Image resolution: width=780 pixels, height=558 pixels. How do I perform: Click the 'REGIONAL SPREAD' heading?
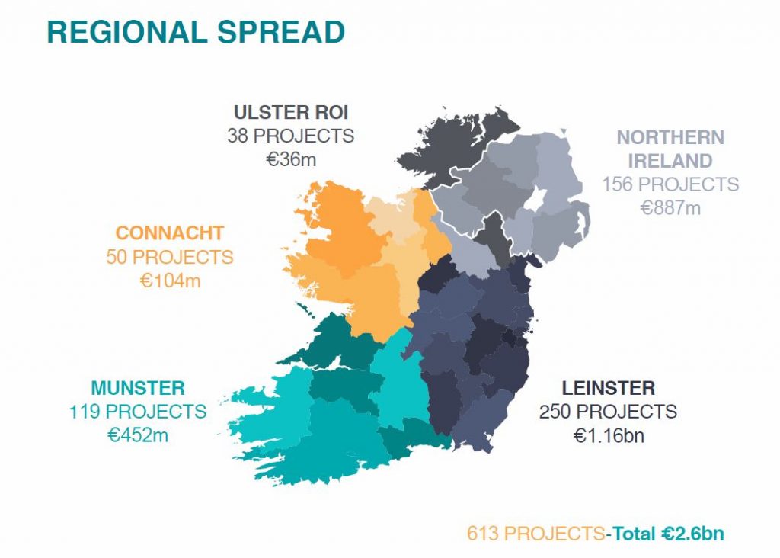[x=196, y=32]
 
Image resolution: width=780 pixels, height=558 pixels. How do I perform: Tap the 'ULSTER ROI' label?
[x=291, y=113]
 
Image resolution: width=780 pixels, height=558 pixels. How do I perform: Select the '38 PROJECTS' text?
[x=290, y=136]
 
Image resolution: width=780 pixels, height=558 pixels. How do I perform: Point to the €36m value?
[x=291, y=160]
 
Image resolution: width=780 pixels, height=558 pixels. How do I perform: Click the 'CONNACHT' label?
[x=170, y=233]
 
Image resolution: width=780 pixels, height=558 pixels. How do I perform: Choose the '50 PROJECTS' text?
[x=170, y=257]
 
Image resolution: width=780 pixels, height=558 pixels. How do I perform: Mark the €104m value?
[x=170, y=281]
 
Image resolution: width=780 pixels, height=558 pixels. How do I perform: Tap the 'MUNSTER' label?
[x=138, y=388]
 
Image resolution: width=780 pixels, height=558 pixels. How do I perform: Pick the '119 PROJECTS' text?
[x=138, y=412]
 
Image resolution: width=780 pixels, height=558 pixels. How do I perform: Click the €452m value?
[x=138, y=435]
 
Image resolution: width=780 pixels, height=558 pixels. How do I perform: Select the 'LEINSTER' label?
[x=609, y=388]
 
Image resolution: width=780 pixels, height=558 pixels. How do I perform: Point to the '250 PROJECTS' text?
[x=609, y=412]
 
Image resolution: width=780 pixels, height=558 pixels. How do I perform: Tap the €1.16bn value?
[x=609, y=435]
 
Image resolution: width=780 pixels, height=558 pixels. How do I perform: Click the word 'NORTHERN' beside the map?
[x=670, y=137]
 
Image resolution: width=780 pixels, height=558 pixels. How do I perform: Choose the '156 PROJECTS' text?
[x=670, y=184]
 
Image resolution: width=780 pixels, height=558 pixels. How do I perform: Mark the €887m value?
[x=670, y=208]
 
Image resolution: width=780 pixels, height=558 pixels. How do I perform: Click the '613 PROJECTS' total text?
[x=535, y=534]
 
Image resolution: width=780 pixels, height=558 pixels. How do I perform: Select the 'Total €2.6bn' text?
[x=667, y=534]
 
